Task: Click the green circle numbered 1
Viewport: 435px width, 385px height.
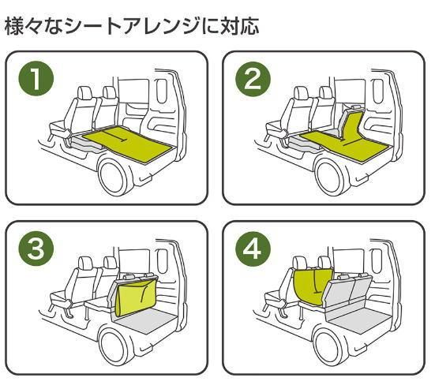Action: pyautogui.click(x=36, y=79)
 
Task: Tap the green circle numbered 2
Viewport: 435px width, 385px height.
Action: pyautogui.click(x=253, y=79)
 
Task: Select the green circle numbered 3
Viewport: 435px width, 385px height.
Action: pyautogui.click(x=36, y=249)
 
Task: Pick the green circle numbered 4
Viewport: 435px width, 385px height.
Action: pyautogui.click(x=253, y=249)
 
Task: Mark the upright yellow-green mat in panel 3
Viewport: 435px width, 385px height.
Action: pyautogui.click(x=136, y=297)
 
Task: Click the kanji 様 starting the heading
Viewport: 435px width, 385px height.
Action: pyautogui.click(x=14, y=26)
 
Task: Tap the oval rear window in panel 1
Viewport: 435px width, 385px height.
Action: pyautogui.click(x=161, y=92)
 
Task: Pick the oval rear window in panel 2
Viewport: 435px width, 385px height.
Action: pyautogui.click(x=378, y=92)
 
